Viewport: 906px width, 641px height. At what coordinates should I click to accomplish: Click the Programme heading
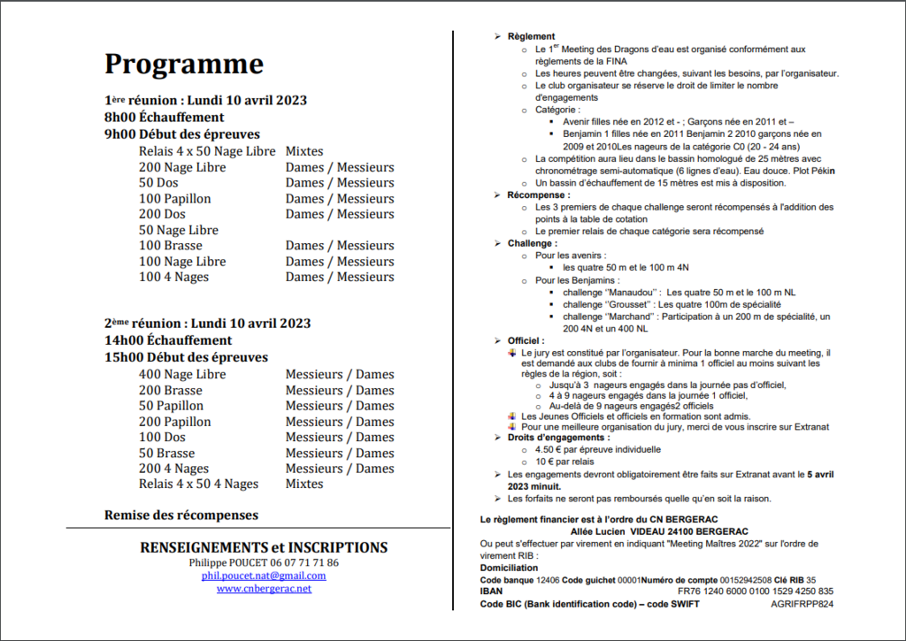click(184, 65)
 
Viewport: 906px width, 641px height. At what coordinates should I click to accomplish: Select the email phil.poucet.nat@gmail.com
click(264, 576)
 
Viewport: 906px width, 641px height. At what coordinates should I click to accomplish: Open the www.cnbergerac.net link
click(264, 589)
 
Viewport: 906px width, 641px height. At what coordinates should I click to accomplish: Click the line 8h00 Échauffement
click(164, 118)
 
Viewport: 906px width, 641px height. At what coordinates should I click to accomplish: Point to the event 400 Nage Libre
click(182, 375)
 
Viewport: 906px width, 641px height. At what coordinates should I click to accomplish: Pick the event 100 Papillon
click(175, 199)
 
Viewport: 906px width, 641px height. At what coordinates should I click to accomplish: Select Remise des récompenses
click(181, 515)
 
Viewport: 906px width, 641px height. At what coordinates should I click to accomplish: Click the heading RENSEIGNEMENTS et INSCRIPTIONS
click(264, 547)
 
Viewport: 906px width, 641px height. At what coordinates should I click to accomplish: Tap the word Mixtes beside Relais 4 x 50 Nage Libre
click(304, 151)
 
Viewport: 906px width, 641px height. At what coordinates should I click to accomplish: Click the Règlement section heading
click(531, 37)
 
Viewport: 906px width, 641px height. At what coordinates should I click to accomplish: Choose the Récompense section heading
click(539, 195)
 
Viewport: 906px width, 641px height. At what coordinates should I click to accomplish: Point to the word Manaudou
click(632, 291)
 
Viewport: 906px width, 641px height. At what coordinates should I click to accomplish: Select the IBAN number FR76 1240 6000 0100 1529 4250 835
click(756, 591)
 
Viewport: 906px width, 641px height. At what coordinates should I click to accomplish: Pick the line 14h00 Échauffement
click(168, 340)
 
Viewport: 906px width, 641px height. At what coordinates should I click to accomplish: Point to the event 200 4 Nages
click(174, 469)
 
